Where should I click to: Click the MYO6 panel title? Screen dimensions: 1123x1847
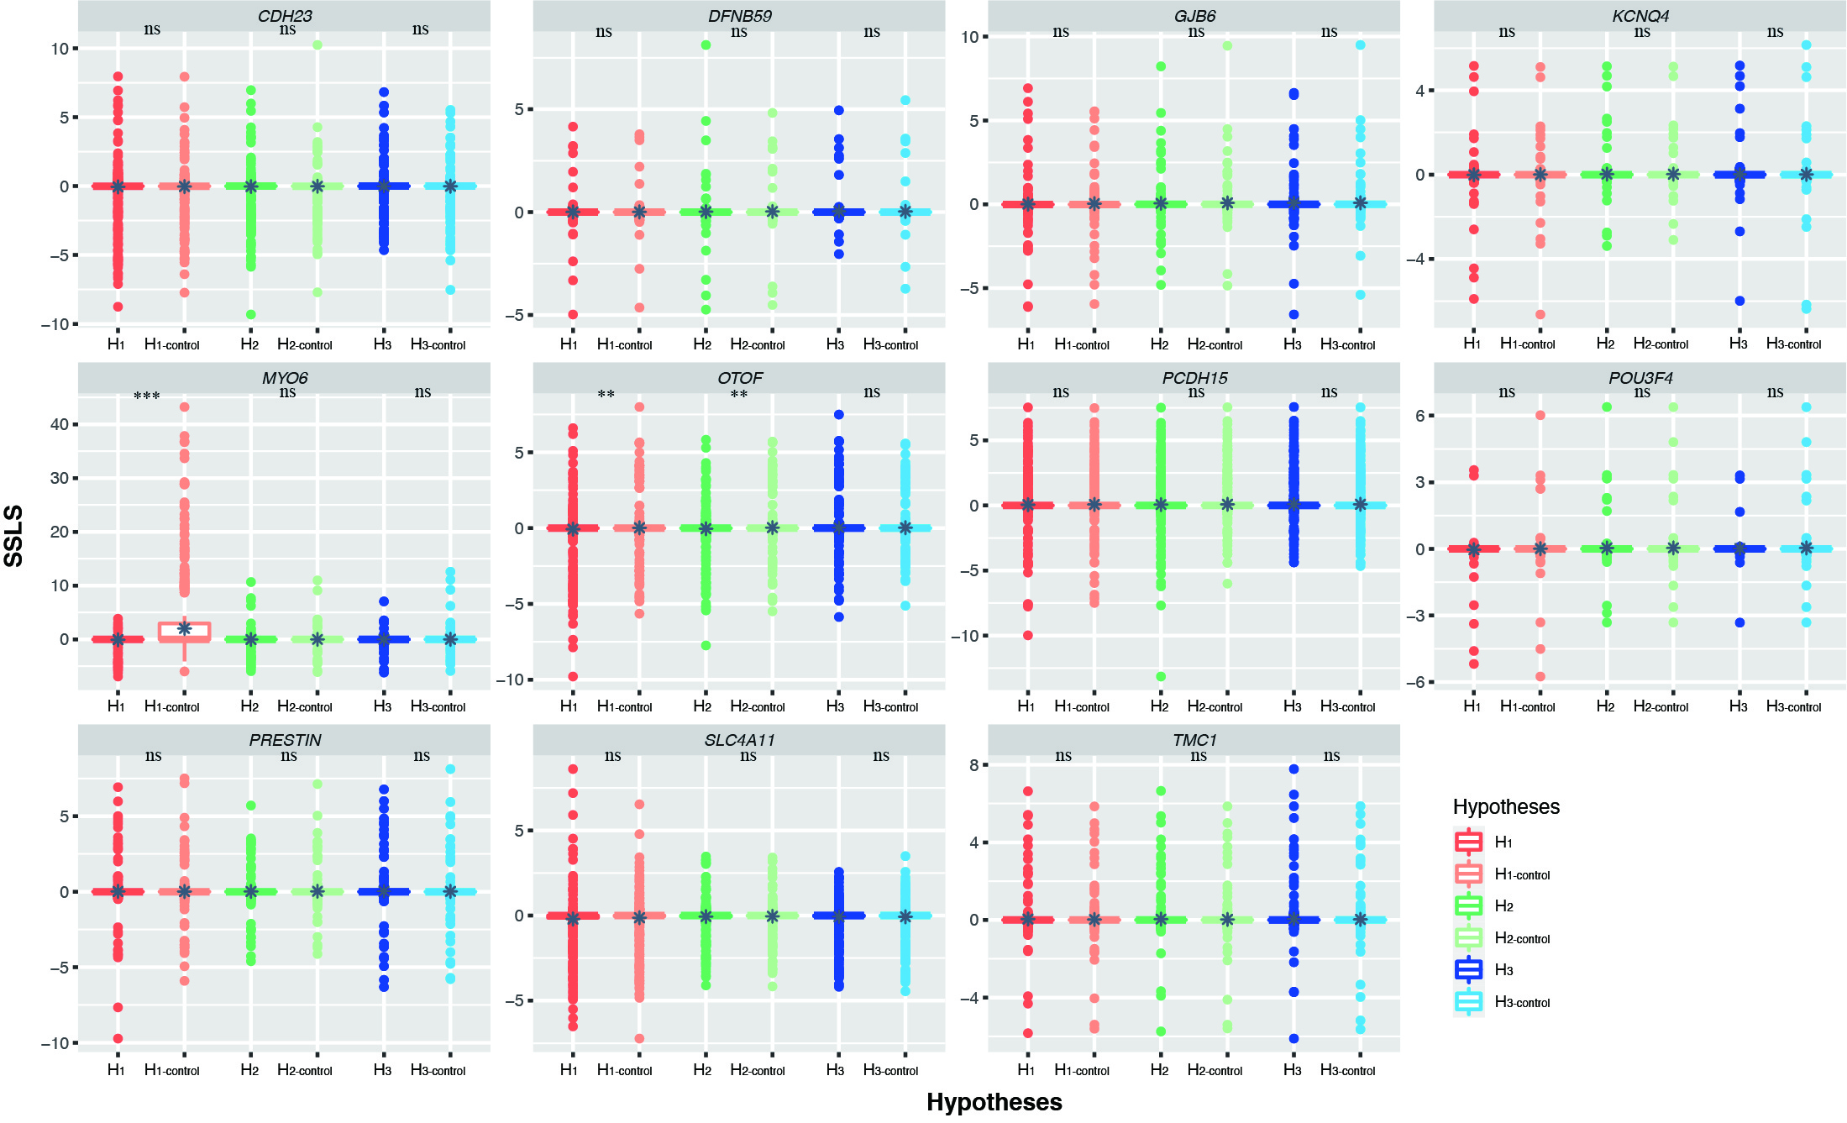coord(285,378)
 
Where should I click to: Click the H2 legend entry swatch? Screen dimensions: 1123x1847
coord(1468,905)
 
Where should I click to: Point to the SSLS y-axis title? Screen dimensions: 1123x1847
coord(14,536)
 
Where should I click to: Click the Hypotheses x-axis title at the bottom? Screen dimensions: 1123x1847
coord(994,1102)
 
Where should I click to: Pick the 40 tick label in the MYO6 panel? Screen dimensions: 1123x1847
coord(59,424)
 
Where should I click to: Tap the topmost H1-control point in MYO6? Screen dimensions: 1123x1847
coord(185,407)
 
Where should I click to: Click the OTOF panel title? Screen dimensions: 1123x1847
coord(739,378)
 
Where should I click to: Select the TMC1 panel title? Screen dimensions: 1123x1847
coord(1194,740)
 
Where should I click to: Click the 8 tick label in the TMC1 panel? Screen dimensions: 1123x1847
coord(973,765)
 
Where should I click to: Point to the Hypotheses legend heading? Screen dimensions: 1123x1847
coord(1506,806)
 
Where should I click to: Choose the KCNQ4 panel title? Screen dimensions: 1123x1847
coord(1640,16)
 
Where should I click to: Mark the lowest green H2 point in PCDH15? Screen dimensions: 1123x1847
coord(1161,676)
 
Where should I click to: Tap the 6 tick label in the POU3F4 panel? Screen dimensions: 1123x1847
coord(1419,416)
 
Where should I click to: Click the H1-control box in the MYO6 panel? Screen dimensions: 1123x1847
coord(185,632)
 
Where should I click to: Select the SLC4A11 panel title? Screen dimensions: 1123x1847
coord(739,740)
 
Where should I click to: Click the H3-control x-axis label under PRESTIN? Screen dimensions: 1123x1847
coord(438,1070)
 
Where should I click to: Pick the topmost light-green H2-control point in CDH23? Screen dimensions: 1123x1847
coord(317,45)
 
